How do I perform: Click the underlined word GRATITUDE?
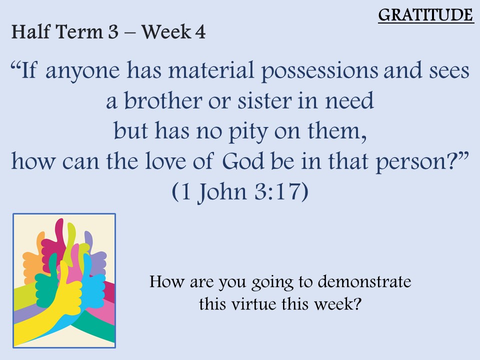point(426,15)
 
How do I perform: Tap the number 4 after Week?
point(200,32)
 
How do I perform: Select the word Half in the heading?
point(30,31)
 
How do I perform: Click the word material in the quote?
point(211,70)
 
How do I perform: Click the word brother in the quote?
point(163,100)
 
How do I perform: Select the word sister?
point(264,100)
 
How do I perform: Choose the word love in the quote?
point(165,160)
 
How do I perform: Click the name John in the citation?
point(222,192)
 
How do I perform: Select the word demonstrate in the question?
point(364,281)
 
